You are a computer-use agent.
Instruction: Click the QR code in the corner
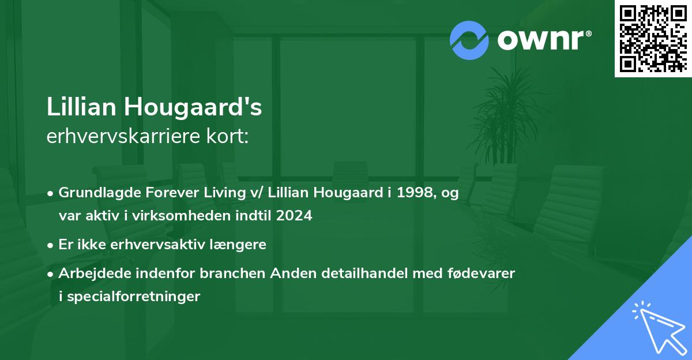(x=653, y=38)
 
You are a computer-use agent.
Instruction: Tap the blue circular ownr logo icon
(x=469, y=40)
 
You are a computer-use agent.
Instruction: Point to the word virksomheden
(x=193, y=216)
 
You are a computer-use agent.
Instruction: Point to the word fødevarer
(x=485, y=273)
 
